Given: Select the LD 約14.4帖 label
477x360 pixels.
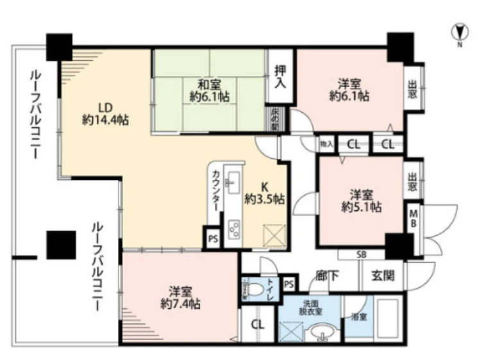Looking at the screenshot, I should point(105,113).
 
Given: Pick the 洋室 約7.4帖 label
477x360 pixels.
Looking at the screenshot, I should point(181,297).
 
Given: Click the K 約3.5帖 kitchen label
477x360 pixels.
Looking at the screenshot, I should point(264,193).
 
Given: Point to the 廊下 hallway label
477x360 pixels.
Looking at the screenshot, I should point(326,276).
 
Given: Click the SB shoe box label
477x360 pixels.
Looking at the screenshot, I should point(361,254).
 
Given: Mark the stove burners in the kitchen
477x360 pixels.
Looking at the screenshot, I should point(233,229).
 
